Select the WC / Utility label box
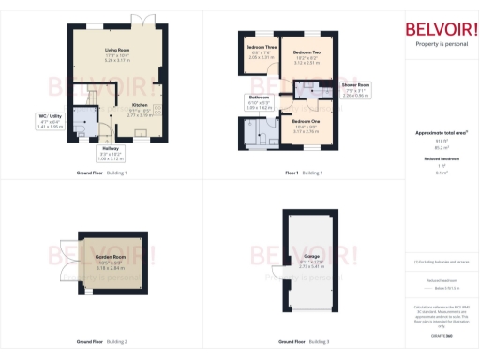[55, 119]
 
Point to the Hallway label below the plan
[111, 149]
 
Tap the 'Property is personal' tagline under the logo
[440, 43]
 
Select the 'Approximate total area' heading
[441, 132]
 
